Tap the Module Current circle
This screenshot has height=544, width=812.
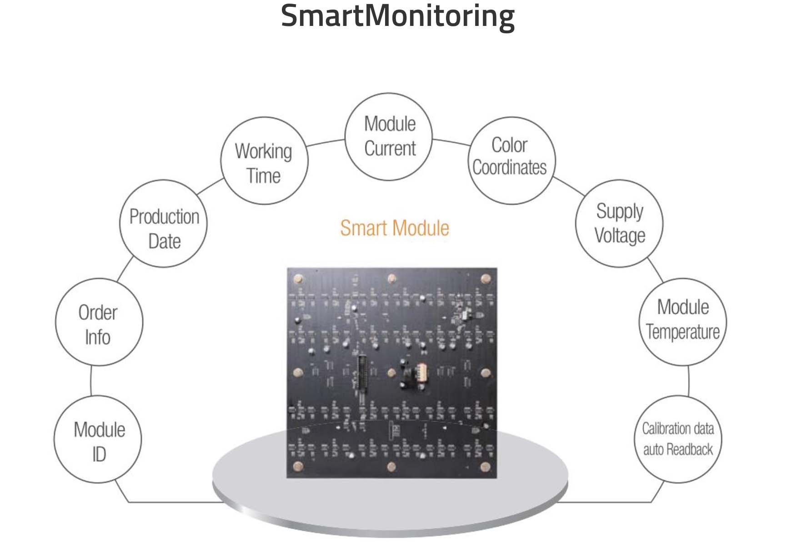(x=389, y=136)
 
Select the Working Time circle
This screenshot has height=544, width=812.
(x=264, y=161)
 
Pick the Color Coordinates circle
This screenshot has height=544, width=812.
(x=511, y=160)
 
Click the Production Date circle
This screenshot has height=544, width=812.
(x=163, y=224)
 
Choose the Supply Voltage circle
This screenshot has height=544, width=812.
(x=619, y=223)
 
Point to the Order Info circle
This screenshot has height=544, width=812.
(x=99, y=322)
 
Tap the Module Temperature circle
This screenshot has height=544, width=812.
(x=682, y=322)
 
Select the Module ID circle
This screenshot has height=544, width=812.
(x=98, y=439)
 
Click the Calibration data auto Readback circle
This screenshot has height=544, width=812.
(x=678, y=439)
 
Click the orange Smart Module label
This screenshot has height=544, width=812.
(x=395, y=228)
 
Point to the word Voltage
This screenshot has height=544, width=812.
(x=620, y=236)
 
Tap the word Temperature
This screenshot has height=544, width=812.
(x=683, y=332)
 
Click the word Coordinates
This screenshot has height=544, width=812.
(x=510, y=168)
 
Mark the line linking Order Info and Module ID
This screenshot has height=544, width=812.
(x=91, y=381)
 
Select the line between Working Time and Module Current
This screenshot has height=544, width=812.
(x=326, y=143)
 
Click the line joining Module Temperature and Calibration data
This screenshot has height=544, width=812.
(x=688, y=381)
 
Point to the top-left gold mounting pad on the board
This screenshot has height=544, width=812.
(x=299, y=279)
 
